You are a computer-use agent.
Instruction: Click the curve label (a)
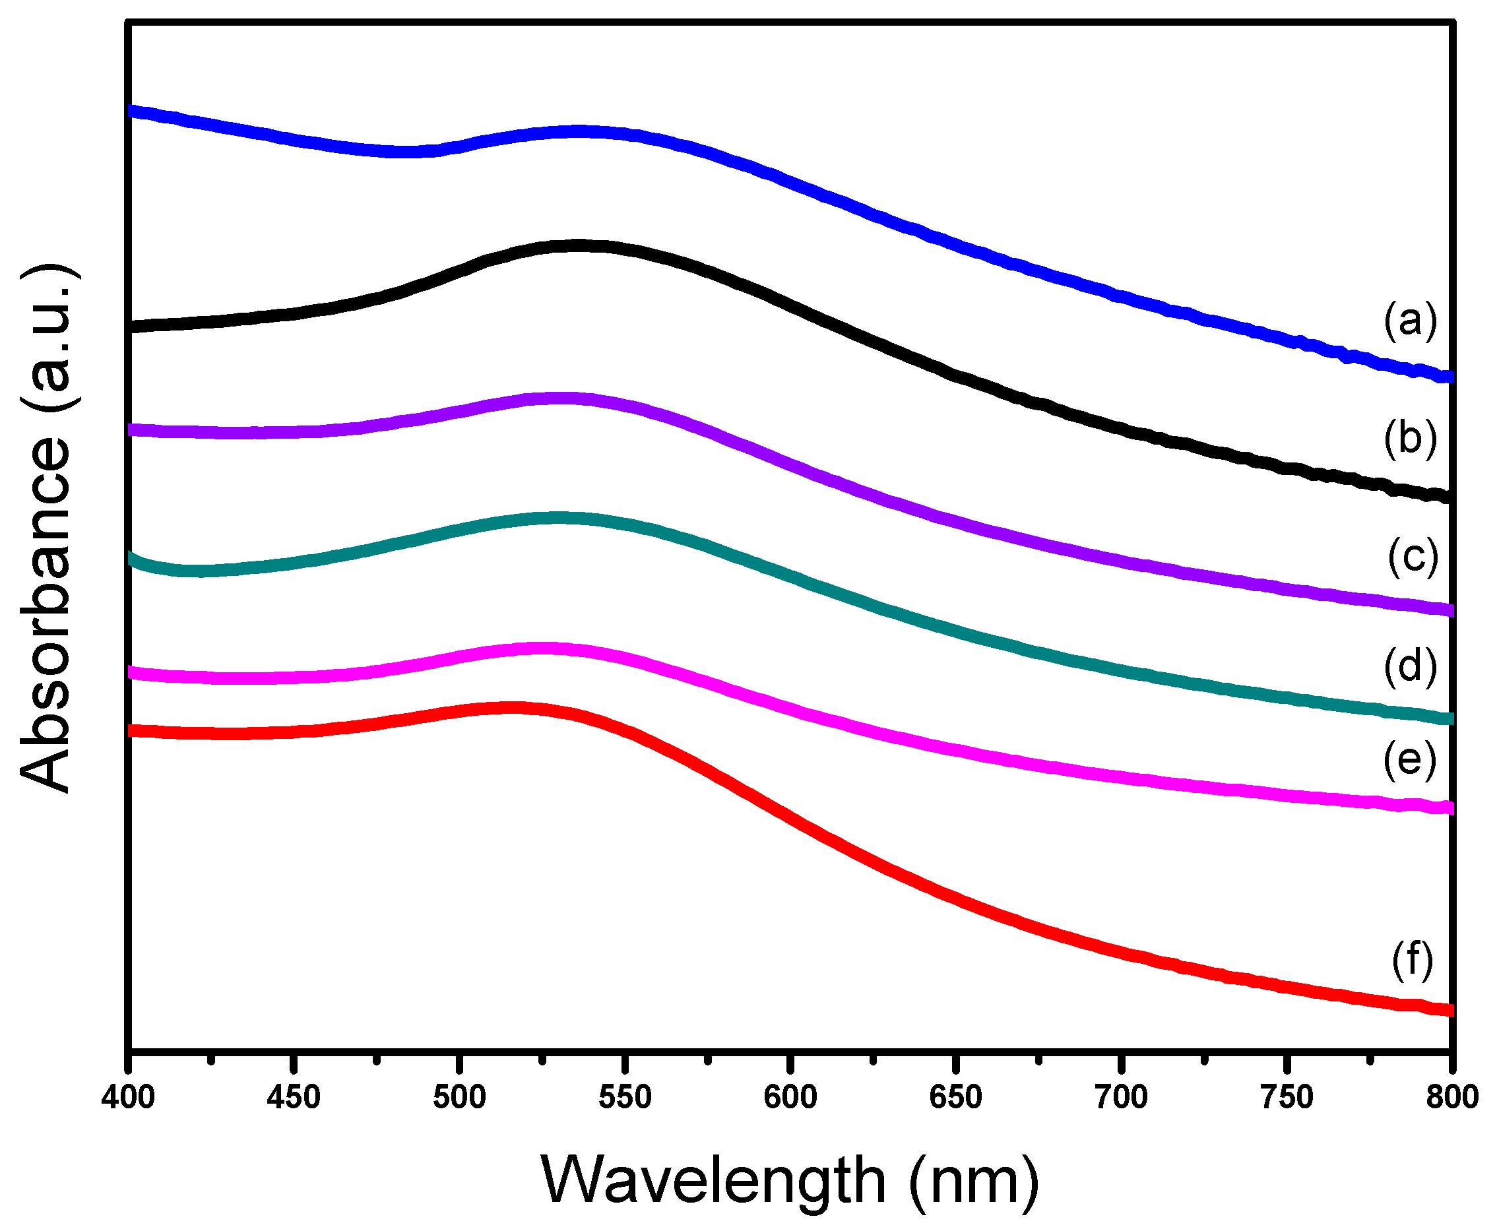[x=1410, y=320]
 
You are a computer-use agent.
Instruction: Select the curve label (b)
[x=1410, y=437]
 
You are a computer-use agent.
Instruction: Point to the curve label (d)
[x=1410, y=666]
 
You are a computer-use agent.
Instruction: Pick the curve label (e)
[x=1410, y=759]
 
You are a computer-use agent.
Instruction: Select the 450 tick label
[x=294, y=1097]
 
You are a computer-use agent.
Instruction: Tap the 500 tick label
[x=460, y=1097]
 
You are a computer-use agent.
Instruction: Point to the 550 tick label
[x=625, y=1097]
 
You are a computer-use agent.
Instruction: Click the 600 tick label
[x=790, y=1097]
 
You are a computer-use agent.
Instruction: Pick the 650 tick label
[x=955, y=1097]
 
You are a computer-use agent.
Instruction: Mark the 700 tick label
[x=1120, y=1097]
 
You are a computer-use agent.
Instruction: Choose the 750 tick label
[x=1287, y=1097]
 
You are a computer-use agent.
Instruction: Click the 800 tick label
[x=1451, y=1097]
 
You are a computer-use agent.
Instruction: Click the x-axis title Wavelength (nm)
[x=790, y=1181]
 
